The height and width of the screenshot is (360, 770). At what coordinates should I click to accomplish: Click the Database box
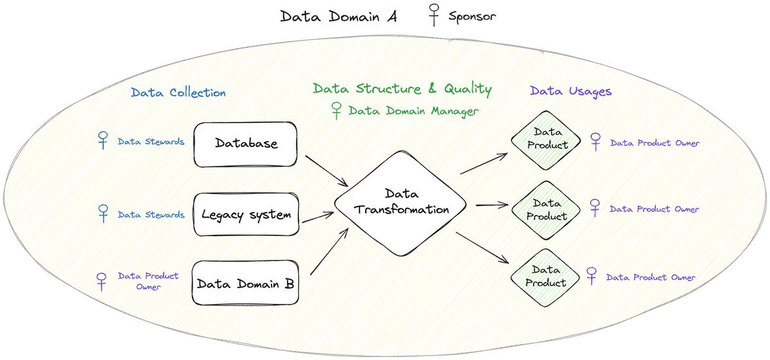click(245, 144)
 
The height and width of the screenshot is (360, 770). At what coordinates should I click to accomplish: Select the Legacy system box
click(246, 214)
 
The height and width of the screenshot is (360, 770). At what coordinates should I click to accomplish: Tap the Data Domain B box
click(245, 283)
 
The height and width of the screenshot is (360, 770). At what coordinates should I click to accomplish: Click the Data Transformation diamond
click(400, 203)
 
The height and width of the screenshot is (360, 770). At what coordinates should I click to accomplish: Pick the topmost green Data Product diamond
click(546, 141)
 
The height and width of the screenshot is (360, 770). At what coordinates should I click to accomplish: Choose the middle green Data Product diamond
click(546, 210)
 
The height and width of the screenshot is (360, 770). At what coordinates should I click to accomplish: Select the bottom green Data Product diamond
click(545, 277)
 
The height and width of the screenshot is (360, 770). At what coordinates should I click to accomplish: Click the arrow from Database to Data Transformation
click(327, 171)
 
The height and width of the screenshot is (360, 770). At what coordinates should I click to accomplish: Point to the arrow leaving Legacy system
click(318, 218)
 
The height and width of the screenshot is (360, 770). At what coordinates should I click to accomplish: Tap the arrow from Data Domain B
click(329, 252)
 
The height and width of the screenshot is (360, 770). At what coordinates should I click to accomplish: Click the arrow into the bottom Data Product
click(483, 248)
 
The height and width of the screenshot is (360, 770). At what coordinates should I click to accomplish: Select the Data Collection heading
click(178, 92)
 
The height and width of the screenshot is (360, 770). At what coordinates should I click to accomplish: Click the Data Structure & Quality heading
click(402, 89)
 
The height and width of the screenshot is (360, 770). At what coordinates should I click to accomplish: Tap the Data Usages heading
click(570, 91)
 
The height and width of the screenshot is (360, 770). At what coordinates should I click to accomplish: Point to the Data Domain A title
click(339, 16)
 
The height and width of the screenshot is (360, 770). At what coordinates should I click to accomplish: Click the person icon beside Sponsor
click(434, 15)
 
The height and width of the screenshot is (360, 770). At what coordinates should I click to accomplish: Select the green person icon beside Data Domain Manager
click(336, 110)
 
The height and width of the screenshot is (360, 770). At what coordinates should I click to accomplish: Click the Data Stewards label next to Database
click(151, 142)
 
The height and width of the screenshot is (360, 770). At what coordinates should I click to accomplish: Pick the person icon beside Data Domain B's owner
click(101, 282)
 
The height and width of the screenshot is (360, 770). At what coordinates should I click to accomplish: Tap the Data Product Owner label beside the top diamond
click(655, 142)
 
